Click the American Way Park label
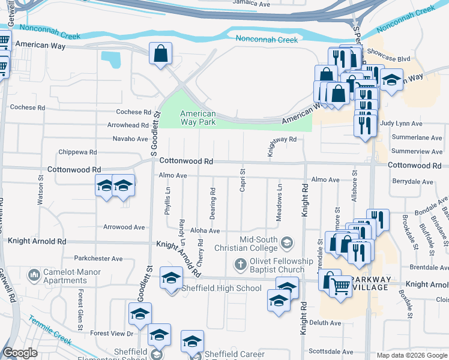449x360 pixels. point(197,118)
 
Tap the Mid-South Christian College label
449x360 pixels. point(259,244)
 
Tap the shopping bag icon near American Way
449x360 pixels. point(161,54)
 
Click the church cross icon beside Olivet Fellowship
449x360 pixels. point(240,264)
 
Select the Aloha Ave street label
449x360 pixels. point(205,230)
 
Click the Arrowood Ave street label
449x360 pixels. point(124,227)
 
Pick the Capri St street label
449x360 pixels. point(243,181)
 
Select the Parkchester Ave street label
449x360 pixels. point(98,259)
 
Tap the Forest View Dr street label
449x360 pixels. point(112,333)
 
